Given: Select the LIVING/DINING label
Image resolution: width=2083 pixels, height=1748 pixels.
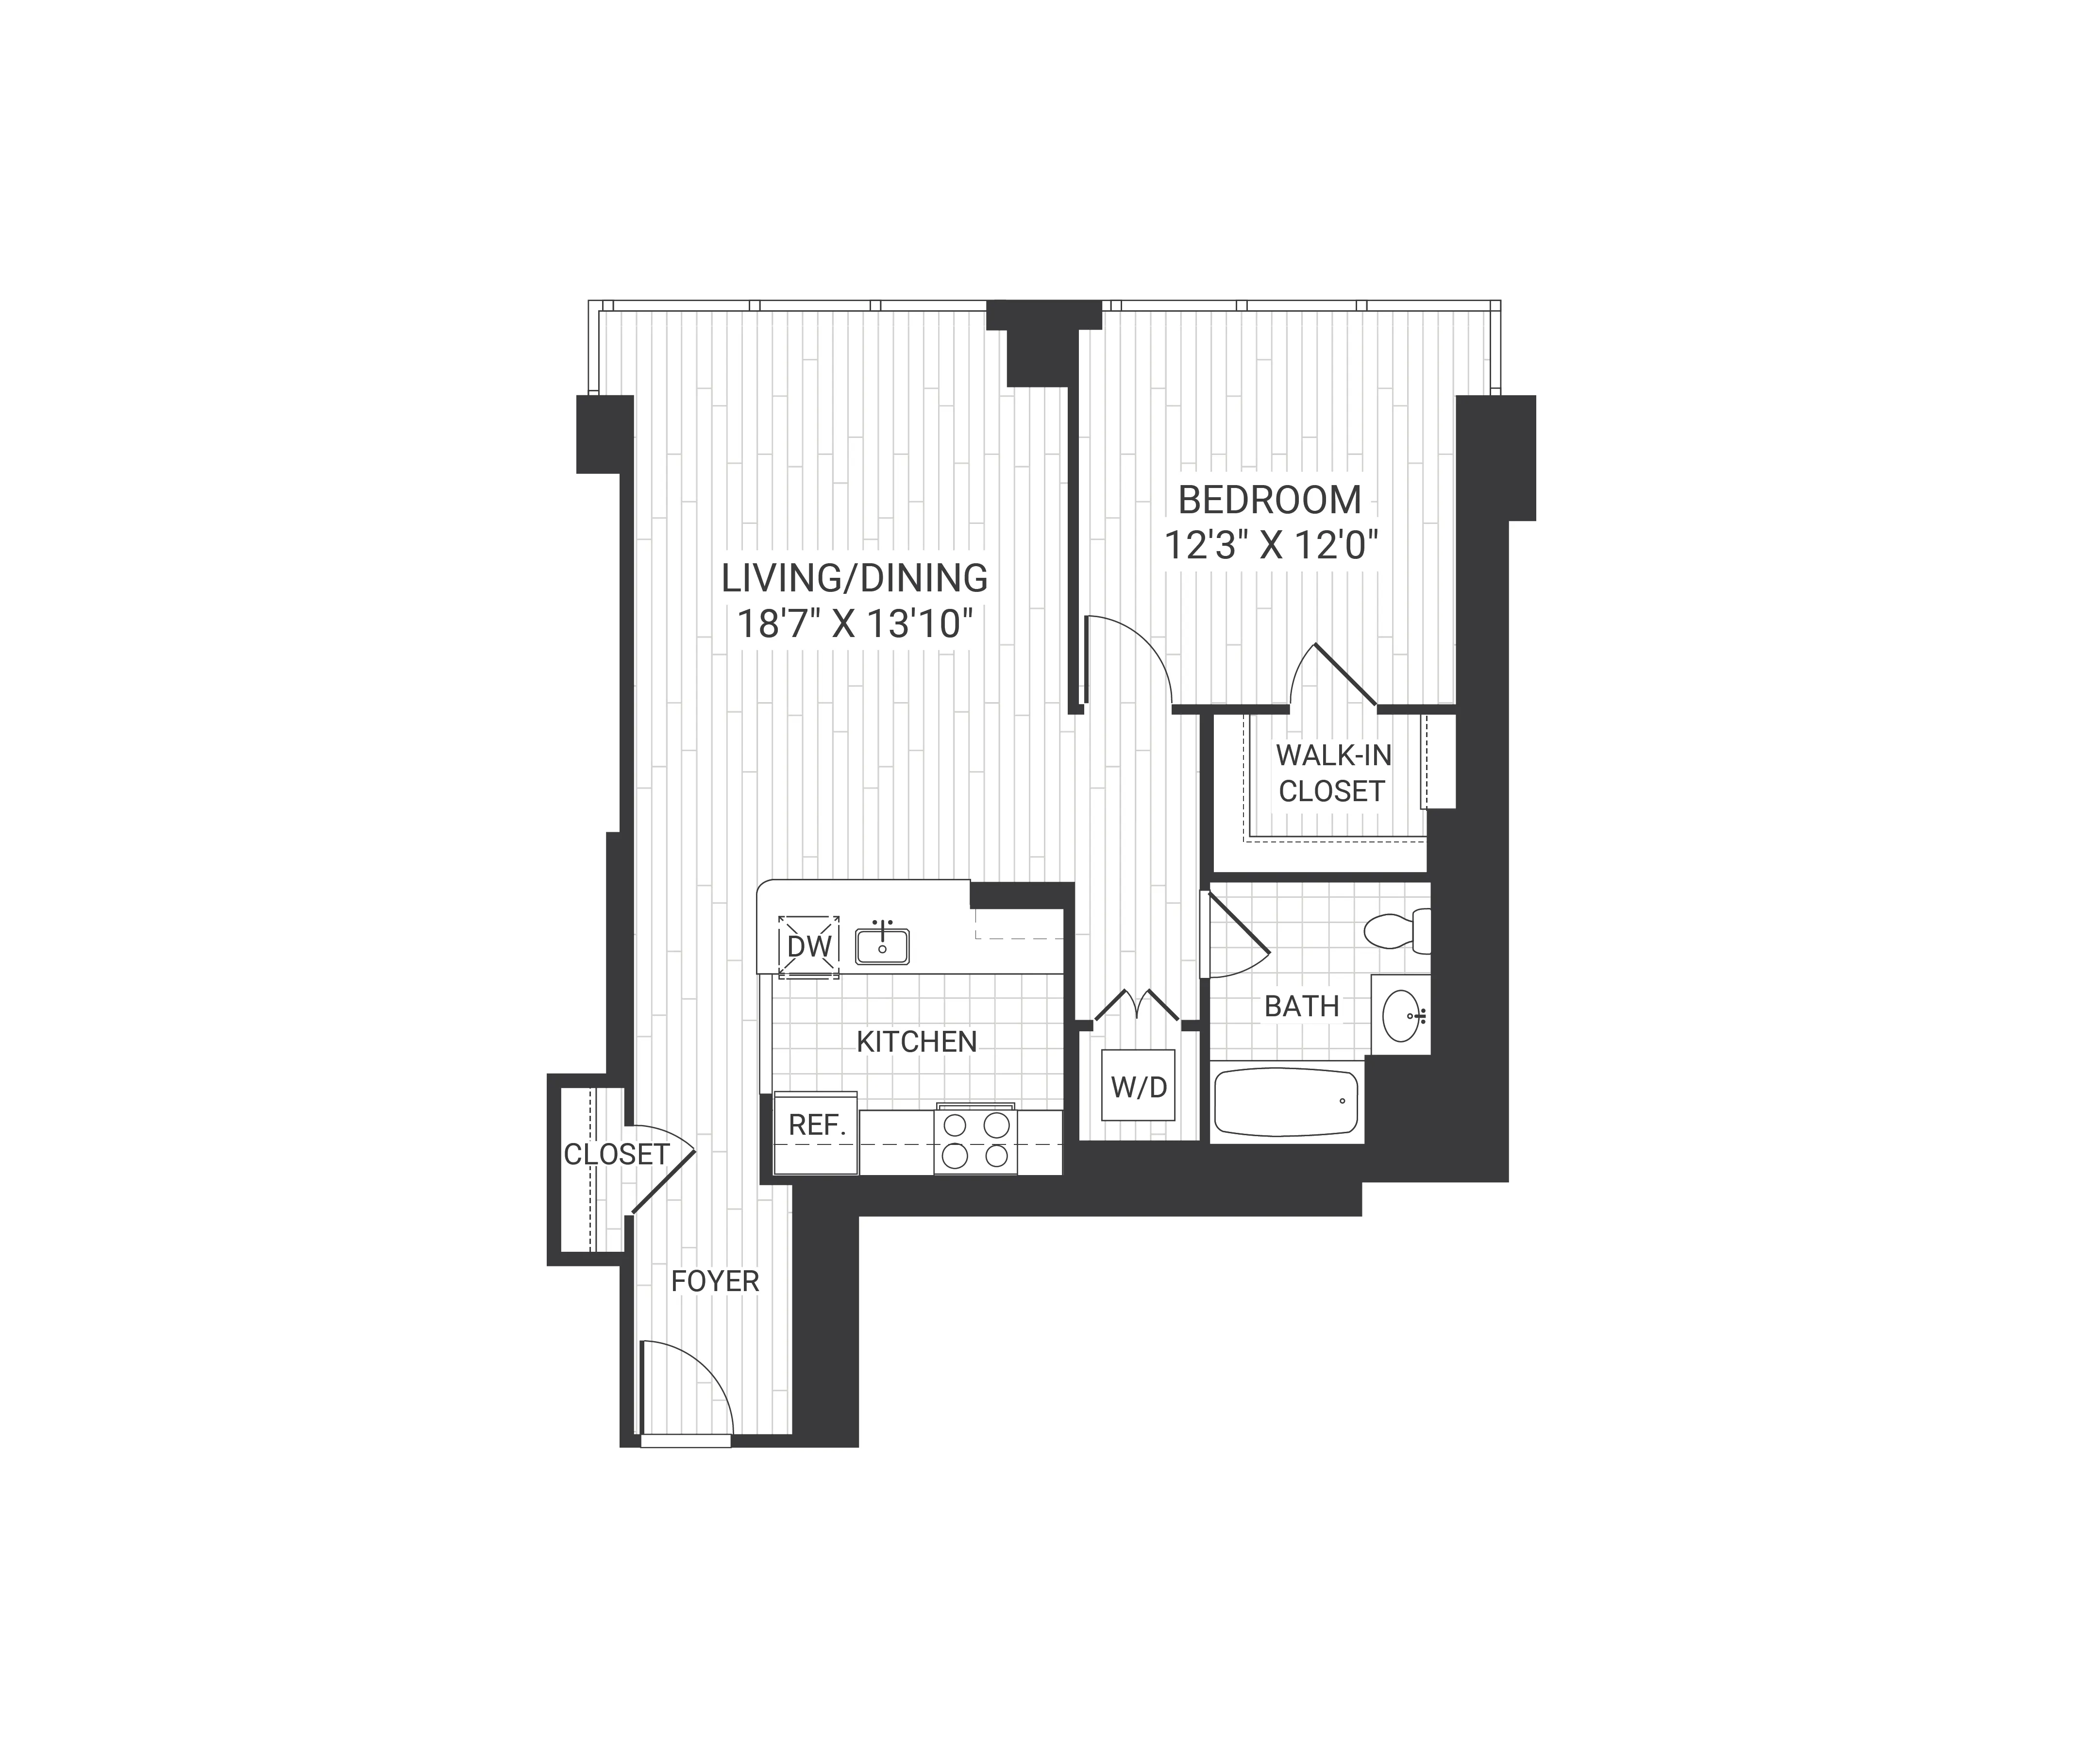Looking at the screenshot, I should (854, 577).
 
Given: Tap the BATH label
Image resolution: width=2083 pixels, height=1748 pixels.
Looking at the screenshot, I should (1301, 1006).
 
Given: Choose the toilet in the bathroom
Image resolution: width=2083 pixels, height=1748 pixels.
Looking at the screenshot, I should (1396, 930).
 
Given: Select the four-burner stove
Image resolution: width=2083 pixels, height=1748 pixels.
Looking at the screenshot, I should (975, 1140).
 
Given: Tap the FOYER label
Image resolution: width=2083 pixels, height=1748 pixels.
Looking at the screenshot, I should (714, 1281).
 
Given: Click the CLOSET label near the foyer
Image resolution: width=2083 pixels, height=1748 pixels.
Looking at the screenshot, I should (616, 1154).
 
